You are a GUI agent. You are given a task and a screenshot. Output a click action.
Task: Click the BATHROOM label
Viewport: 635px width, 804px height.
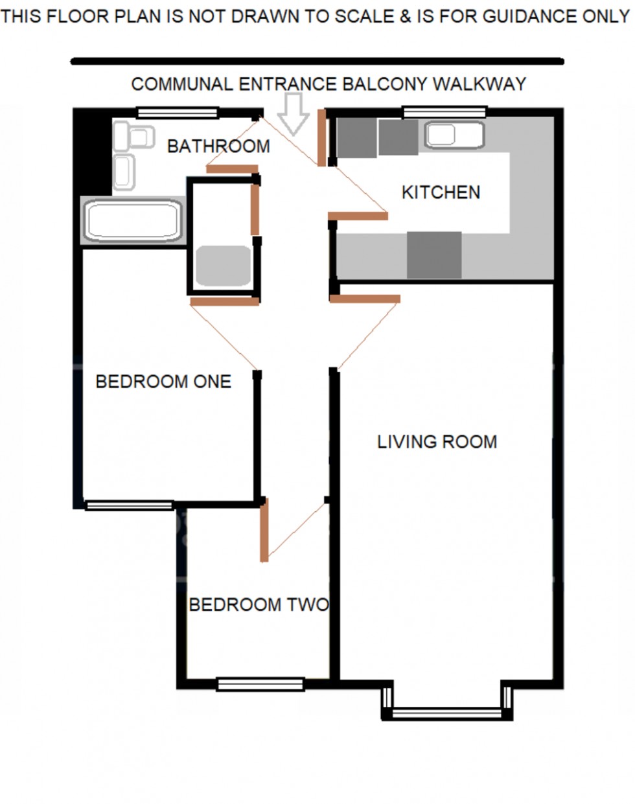point(218,146)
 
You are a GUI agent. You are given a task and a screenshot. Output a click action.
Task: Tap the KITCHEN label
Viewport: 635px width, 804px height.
point(441,192)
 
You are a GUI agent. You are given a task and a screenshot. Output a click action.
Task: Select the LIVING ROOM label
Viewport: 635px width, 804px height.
point(437,442)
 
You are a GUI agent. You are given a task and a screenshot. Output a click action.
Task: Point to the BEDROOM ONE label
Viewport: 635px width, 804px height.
point(163,382)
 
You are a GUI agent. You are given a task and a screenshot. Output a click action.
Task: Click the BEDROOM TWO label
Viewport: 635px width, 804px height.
point(259,605)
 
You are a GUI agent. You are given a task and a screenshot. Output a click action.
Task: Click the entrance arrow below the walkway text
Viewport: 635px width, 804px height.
point(294,113)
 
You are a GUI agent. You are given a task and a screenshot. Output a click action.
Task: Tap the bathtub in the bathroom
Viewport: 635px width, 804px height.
point(133,221)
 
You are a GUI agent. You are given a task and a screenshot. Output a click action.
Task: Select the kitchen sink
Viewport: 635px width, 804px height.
point(454,135)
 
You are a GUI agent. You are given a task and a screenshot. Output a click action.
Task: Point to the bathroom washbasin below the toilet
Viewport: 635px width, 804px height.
point(124,172)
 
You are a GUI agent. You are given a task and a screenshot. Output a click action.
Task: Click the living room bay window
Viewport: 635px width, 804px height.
point(448,713)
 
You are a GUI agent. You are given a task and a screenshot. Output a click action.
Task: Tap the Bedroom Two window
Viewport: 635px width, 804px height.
point(260,684)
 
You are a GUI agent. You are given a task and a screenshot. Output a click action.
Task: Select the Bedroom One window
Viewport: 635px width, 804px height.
point(129,505)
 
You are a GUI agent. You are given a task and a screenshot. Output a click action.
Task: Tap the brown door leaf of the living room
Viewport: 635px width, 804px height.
point(365,299)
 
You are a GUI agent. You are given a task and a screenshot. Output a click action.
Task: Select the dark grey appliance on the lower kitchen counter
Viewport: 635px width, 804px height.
point(434,255)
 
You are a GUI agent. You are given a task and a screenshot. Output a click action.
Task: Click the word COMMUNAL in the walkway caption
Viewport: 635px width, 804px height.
point(182,84)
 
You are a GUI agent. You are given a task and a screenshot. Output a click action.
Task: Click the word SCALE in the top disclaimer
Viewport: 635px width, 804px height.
point(364,16)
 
